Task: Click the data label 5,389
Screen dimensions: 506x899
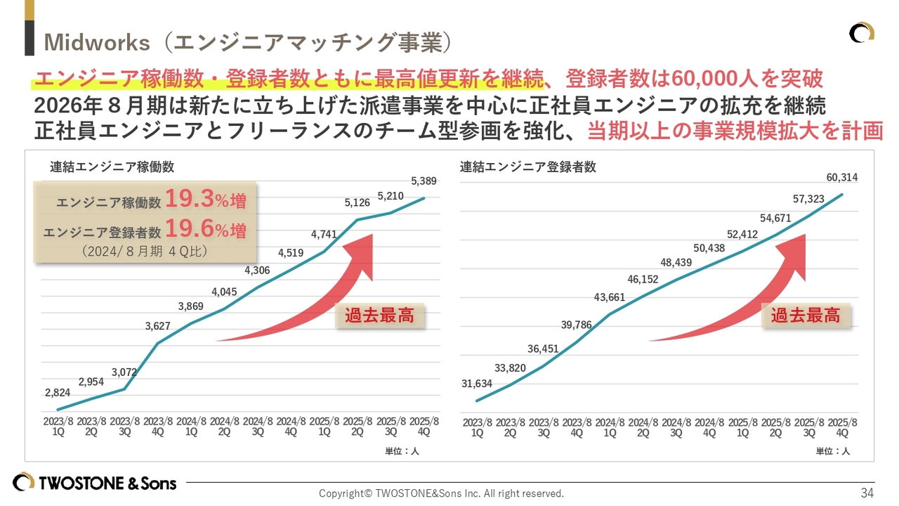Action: click(x=424, y=181)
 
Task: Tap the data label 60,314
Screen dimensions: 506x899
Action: click(x=842, y=177)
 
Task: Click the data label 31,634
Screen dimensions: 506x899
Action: click(x=477, y=384)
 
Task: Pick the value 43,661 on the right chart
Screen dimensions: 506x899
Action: click(x=610, y=297)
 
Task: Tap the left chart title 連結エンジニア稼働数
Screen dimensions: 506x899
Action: click(x=112, y=167)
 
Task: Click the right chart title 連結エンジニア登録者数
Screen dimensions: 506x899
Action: click(x=528, y=167)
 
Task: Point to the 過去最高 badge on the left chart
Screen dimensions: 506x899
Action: click(x=379, y=316)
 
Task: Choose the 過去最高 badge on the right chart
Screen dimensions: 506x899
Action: click(x=806, y=316)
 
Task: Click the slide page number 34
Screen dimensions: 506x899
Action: click(x=867, y=493)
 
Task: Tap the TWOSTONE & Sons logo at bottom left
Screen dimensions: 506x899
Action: click(x=95, y=483)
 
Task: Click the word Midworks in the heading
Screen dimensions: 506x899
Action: click(x=97, y=42)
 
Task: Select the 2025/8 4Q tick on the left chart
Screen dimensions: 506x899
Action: click(x=424, y=427)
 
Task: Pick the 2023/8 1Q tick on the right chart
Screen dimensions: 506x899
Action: click(x=477, y=428)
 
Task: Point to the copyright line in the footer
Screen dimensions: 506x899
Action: click(x=441, y=493)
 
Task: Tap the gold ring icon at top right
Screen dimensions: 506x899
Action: click(x=861, y=32)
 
